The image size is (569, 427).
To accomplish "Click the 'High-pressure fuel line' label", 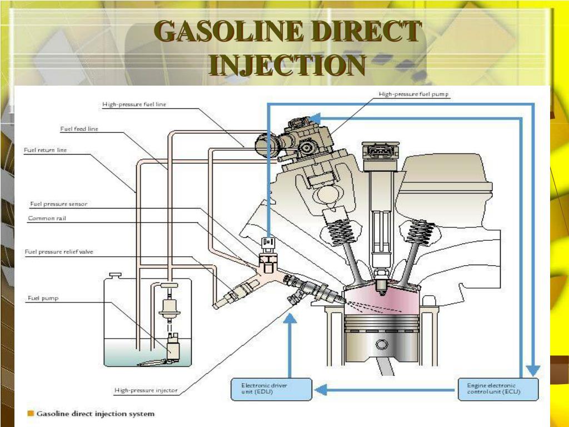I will click(134, 104).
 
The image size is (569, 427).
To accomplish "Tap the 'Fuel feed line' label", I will click(79, 129).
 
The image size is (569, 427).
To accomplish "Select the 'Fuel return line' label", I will click(45, 150).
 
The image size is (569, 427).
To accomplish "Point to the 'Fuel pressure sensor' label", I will click(58, 204).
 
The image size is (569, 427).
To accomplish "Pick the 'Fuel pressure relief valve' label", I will click(58, 252).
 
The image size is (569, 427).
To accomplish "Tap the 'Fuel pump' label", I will click(43, 298).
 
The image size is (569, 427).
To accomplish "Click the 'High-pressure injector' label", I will click(146, 390).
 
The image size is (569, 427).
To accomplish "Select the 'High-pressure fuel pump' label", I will click(413, 95).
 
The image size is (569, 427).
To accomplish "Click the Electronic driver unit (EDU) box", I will click(271, 389).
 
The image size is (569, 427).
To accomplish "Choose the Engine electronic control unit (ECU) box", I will click(498, 389).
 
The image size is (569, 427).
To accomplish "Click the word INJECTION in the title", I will click(288, 66).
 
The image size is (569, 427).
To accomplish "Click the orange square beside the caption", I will click(31, 414).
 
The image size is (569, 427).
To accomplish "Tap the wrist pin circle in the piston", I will click(380, 345).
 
